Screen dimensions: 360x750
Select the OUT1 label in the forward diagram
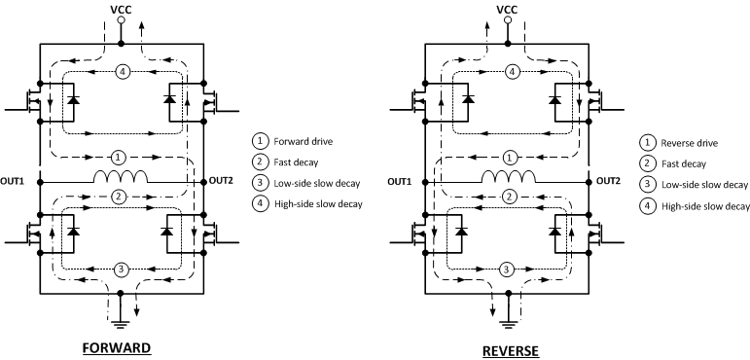[x=17, y=181]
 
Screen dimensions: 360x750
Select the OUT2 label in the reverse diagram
[x=609, y=181]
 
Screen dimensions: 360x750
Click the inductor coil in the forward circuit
[x=121, y=178]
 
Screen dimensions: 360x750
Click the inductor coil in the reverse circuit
[x=507, y=178]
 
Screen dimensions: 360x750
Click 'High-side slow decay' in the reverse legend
[x=706, y=206]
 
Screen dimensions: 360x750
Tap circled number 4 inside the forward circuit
[x=121, y=71]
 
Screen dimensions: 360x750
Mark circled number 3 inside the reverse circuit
[x=505, y=270]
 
